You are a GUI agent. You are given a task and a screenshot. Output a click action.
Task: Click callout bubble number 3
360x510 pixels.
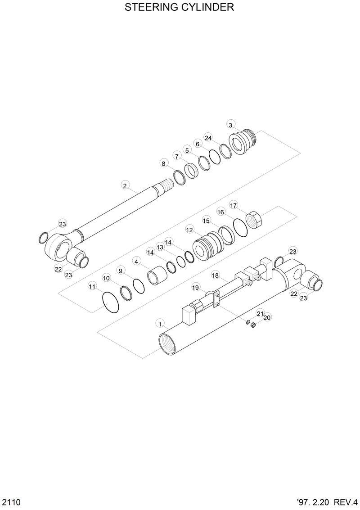pos(230,125)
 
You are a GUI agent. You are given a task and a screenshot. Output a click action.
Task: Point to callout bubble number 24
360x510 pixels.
pos(208,137)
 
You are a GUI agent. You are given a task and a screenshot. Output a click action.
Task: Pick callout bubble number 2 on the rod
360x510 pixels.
pos(125,185)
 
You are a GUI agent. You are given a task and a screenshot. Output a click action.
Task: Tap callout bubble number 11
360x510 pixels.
pos(92,286)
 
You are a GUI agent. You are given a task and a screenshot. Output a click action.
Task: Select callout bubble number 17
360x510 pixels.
pos(233,205)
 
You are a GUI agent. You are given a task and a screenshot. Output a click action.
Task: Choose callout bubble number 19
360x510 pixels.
pos(195,287)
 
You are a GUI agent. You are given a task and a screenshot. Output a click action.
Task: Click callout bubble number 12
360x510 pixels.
pos(189,230)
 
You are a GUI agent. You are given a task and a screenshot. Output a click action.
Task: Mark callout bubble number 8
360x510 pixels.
pos(163,163)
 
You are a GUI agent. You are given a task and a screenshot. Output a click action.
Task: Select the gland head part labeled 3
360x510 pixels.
pos(243,141)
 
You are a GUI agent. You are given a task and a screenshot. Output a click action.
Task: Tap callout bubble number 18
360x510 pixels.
pos(215,275)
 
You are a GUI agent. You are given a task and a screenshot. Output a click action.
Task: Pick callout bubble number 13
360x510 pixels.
pos(159,247)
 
